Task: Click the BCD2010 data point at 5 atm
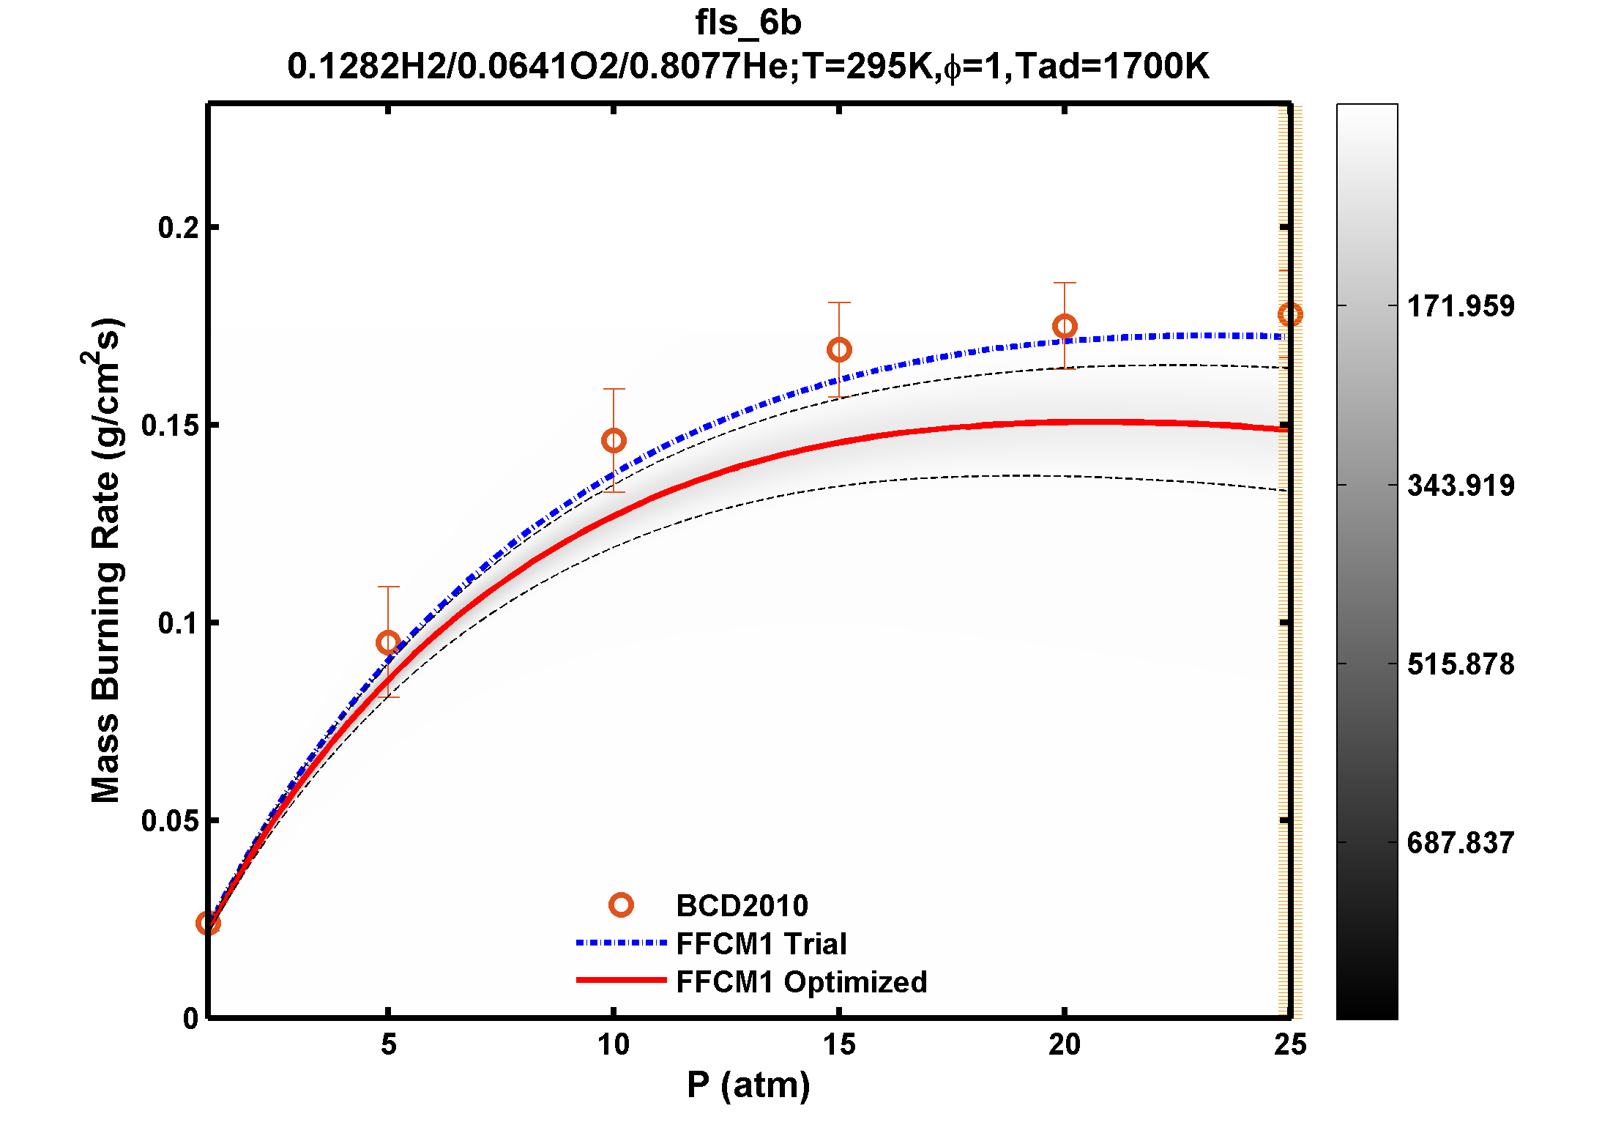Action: tap(388, 643)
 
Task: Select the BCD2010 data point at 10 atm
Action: tap(614, 440)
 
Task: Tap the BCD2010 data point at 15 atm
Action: tap(839, 349)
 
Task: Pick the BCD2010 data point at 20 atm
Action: tap(1065, 326)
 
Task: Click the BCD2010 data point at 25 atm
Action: tap(1289, 314)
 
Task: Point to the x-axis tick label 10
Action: tap(614, 1044)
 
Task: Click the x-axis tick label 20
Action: tap(1064, 1044)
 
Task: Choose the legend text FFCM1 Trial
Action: tap(761, 944)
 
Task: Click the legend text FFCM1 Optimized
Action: tap(801, 982)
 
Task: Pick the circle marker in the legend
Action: tap(621, 905)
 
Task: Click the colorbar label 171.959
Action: tap(1461, 306)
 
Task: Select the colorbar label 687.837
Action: tap(1461, 843)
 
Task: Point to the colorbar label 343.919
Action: tap(1461, 486)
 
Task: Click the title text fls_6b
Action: tap(748, 23)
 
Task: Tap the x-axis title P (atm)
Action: tap(748, 1085)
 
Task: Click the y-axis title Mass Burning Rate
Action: tap(105, 560)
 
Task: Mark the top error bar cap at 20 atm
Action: tap(1065, 283)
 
